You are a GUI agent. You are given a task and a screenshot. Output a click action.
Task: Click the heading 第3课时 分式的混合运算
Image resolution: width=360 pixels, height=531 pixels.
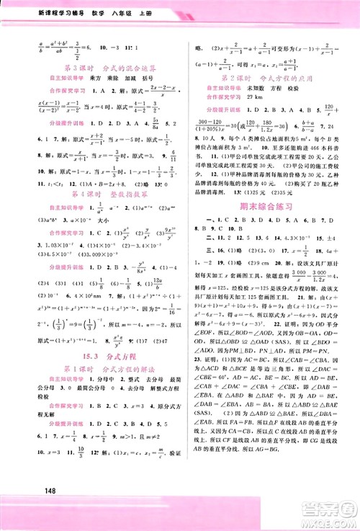91,66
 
